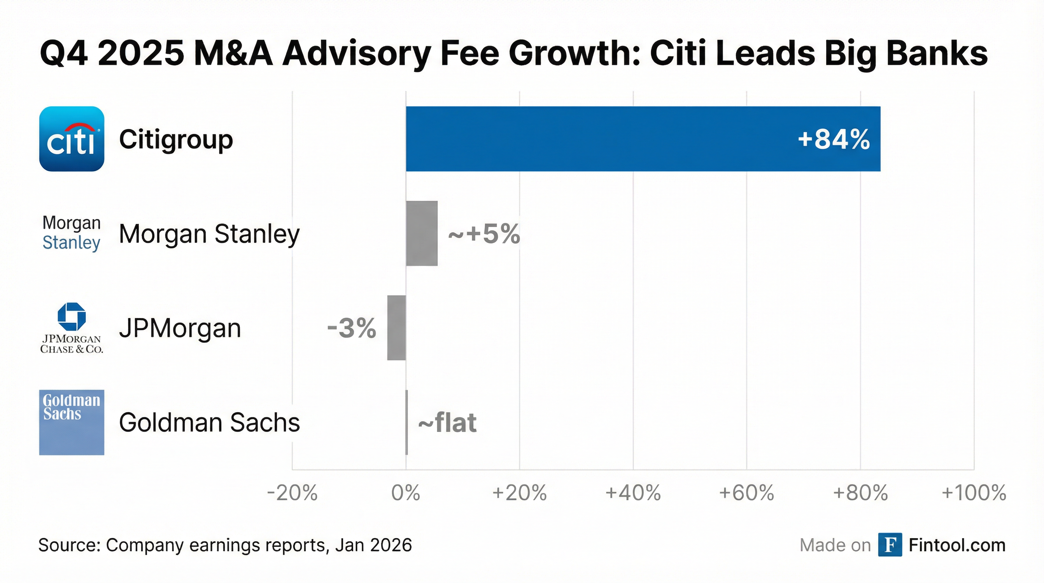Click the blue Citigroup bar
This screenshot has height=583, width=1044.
point(643,139)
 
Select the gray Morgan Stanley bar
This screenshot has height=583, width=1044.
point(421,233)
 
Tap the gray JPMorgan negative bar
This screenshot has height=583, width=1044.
point(396,328)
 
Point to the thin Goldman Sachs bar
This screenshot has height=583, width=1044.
point(407,422)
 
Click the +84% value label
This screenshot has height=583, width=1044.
point(833,139)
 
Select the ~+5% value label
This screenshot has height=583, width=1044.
point(484,234)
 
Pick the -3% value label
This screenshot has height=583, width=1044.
point(351,328)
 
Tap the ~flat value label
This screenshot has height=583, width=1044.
point(447,423)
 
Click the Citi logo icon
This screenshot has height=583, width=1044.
point(72,139)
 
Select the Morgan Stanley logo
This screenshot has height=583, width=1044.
point(71,233)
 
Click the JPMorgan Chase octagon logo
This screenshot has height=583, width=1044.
point(72,316)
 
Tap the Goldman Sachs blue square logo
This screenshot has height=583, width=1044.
point(72,422)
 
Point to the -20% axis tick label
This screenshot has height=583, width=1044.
point(292,493)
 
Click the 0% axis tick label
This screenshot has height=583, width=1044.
point(406,493)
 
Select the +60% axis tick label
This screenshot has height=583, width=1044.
point(747,493)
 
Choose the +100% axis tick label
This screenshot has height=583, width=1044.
point(973,493)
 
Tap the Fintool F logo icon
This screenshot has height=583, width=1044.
point(890,545)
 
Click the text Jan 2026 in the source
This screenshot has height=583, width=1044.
point(373,545)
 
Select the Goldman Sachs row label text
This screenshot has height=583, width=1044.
point(209,422)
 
